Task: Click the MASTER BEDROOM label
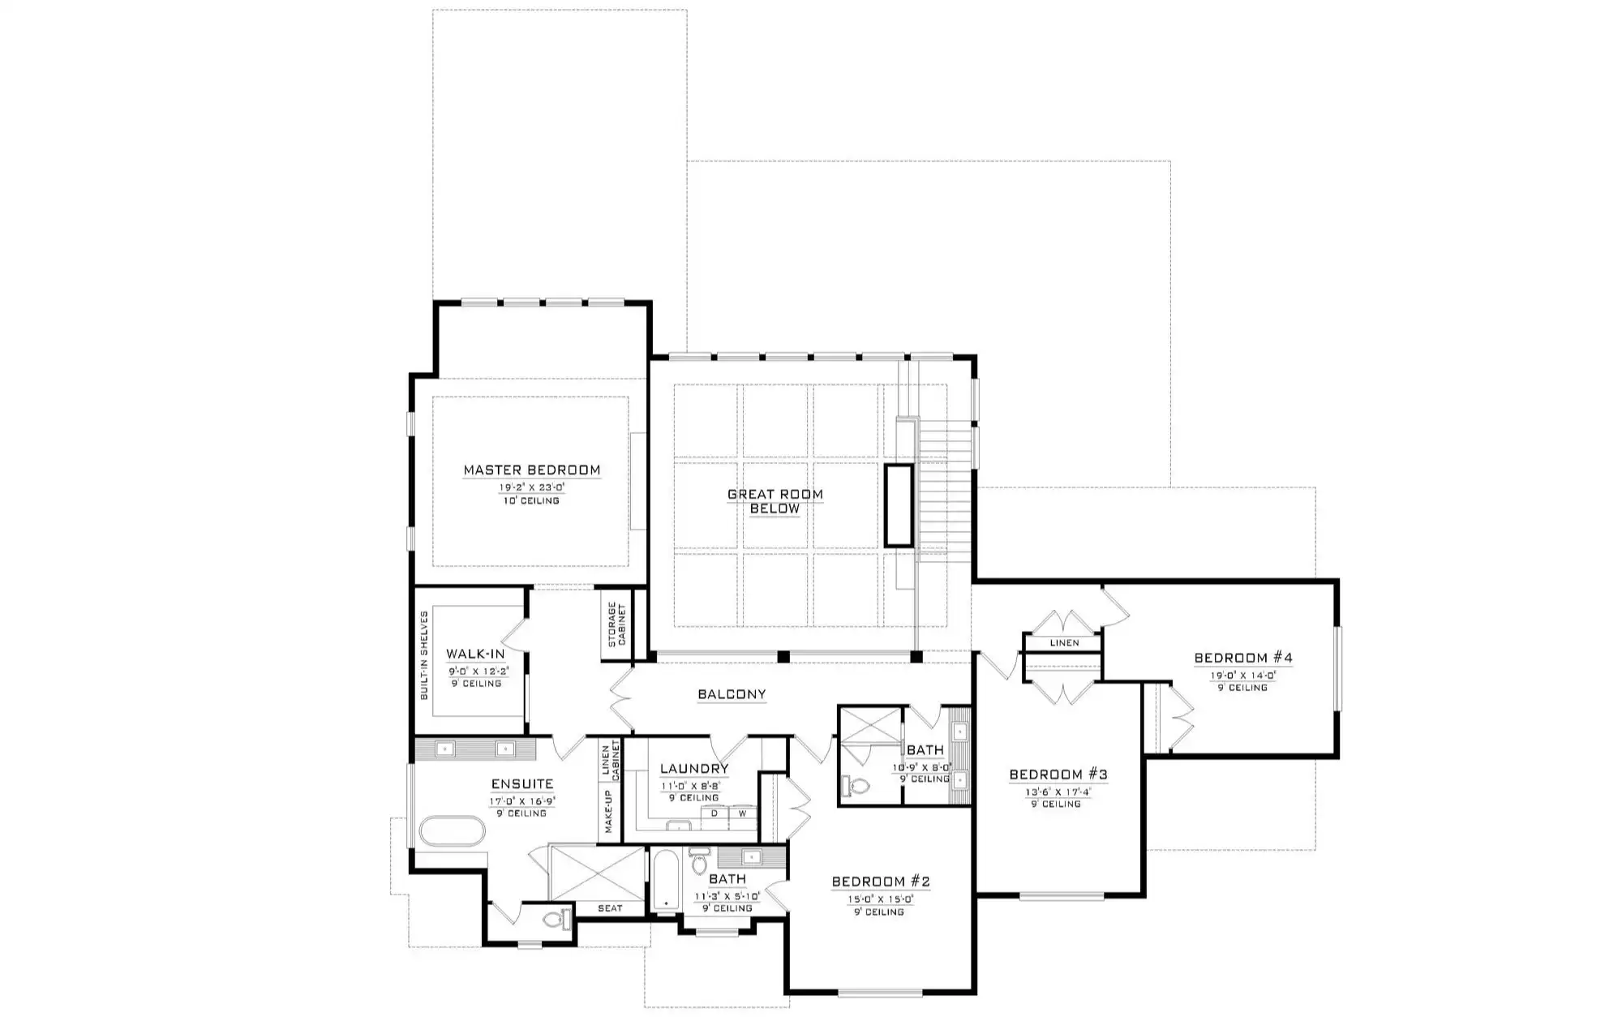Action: (x=532, y=470)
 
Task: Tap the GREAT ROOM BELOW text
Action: (x=775, y=501)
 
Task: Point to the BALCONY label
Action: (x=732, y=694)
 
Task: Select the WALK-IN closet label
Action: (x=475, y=654)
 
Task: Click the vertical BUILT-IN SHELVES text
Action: (x=423, y=655)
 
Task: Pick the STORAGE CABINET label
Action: (x=617, y=624)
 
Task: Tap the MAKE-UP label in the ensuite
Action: (x=607, y=812)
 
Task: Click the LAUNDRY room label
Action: (x=694, y=769)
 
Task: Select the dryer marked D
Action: (x=714, y=813)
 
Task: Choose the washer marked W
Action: (x=742, y=813)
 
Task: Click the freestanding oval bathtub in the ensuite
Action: (x=453, y=832)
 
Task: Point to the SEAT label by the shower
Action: (x=610, y=908)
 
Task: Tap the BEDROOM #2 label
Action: (x=881, y=882)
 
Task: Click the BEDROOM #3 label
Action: (x=1058, y=775)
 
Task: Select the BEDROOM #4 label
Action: (x=1243, y=658)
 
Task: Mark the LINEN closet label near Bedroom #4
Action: (x=1064, y=643)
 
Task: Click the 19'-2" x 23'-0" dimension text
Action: (x=532, y=488)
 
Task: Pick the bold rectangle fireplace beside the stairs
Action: (x=899, y=504)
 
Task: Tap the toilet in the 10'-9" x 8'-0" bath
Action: (x=855, y=785)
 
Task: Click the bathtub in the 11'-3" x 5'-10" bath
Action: (x=665, y=879)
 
